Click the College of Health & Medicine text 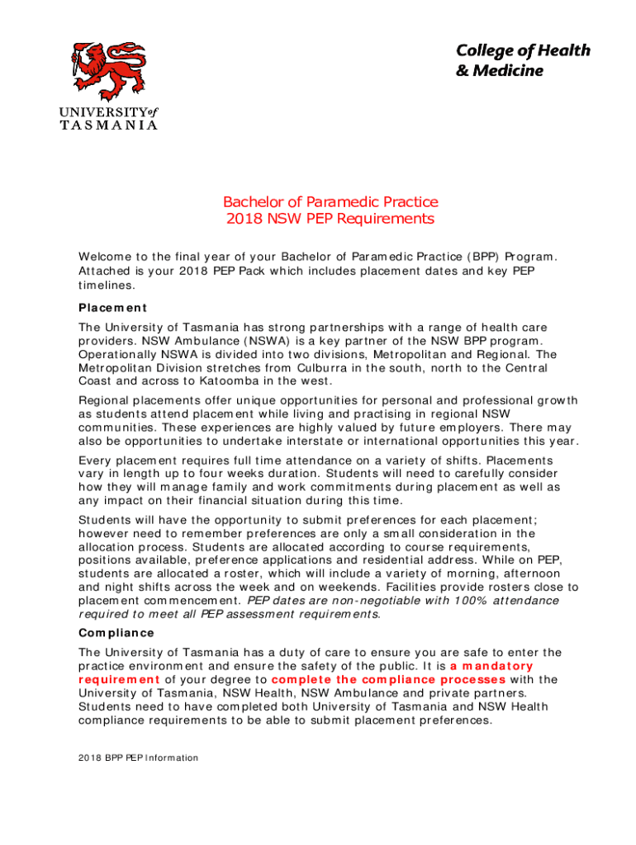(523, 60)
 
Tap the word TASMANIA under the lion (108, 125)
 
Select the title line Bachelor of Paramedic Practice (330, 202)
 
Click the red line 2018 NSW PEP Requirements (330, 219)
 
